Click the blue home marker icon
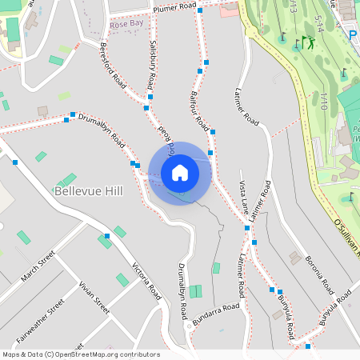(x=180, y=172)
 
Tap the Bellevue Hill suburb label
(x=86, y=191)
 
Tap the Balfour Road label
(x=198, y=111)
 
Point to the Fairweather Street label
(x=40, y=318)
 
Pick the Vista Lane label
(x=243, y=197)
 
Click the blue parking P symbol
(x=353, y=34)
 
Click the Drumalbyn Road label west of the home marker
(x=102, y=128)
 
